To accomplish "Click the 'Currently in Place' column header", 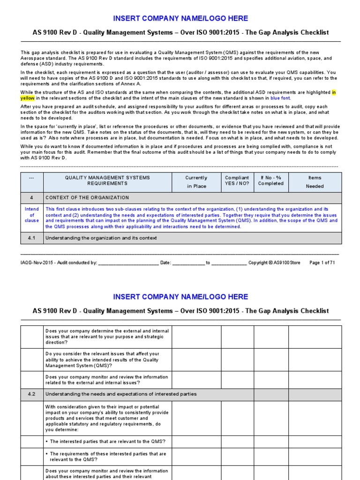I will click(196, 182).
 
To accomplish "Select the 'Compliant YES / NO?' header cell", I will click(237, 180).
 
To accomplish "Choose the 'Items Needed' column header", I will click(315, 182).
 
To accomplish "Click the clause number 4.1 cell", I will click(32, 238).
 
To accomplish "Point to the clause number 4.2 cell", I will click(32, 394).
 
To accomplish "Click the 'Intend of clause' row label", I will click(32, 215).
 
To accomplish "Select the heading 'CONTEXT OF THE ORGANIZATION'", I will click(87, 198).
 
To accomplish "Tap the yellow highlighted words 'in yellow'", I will click(27, 98).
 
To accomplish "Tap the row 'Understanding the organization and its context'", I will click(101, 238).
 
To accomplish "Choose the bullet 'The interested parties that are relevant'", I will click(107, 442).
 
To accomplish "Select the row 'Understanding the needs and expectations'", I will click(120, 394).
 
